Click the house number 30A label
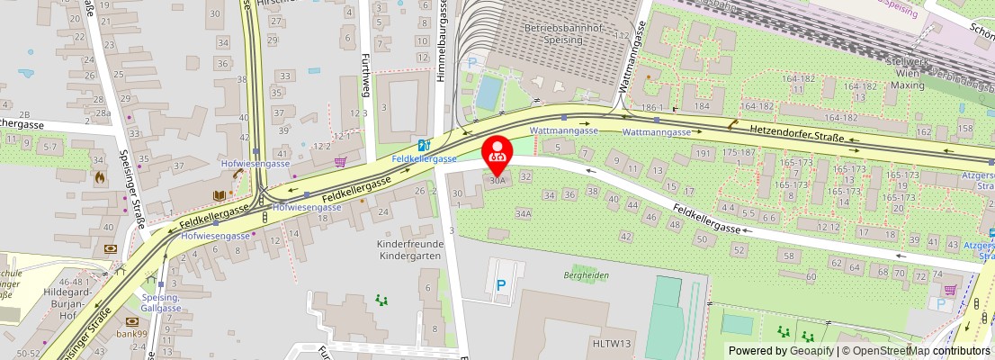497,180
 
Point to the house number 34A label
523,214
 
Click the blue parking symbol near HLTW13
501,285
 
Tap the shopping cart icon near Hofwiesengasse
340,162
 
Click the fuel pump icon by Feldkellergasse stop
423,145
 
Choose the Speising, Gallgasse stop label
162,302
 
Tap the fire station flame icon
99,178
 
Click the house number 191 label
702,154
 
